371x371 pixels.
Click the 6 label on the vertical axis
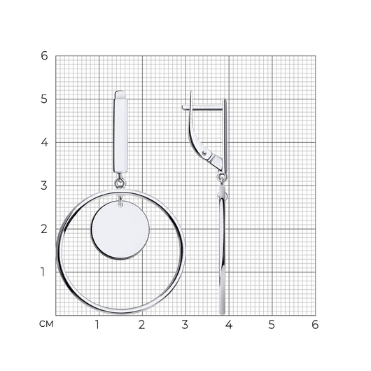[x=44, y=56]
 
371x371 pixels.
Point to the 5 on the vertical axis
[x=44, y=99]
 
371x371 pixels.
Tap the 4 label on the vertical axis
[x=45, y=142]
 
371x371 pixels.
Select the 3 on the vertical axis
[x=44, y=185]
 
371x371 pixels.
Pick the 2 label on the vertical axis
[x=44, y=229]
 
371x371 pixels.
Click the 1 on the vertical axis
[x=43, y=272]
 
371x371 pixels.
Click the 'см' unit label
[x=46, y=324]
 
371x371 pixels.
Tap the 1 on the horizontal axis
[x=97, y=325]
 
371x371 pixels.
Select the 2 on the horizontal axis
[x=141, y=325]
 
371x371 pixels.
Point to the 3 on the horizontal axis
[x=185, y=325]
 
